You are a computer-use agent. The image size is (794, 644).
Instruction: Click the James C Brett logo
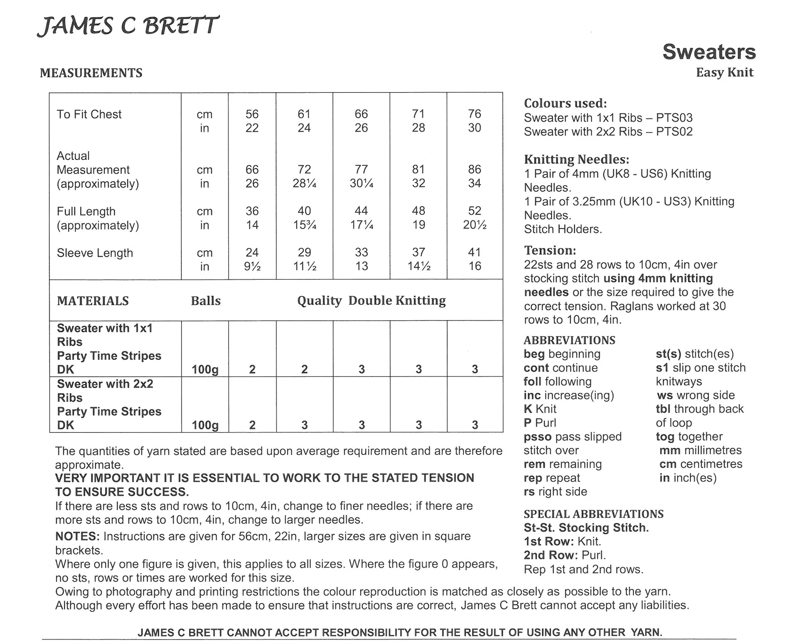pyautogui.click(x=128, y=26)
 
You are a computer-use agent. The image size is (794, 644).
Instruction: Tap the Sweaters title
pyautogui.click(x=709, y=52)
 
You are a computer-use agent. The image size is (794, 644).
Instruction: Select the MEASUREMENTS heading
pyautogui.click(x=91, y=73)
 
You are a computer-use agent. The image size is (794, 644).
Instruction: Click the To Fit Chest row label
pyautogui.click(x=89, y=114)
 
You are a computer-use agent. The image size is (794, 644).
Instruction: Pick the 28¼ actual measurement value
pyautogui.click(x=304, y=183)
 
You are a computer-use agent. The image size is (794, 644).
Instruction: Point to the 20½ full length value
pyautogui.click(x=474, y=225)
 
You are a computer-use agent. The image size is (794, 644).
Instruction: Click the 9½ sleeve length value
pyautogui.click(x=252, y=266)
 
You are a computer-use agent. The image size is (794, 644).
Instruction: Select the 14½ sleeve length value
pyautogui.click(x=418, y=266)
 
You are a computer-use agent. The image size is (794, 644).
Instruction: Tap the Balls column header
pyautogui.click(x=206, y=301)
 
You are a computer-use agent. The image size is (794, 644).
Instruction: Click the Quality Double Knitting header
pyautogui.click(x=371, y=301)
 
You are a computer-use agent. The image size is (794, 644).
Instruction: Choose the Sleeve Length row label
pyautogui.click(x=94, y=253)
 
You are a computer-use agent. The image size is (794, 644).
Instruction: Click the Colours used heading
pyautogui.click(x=565, y=103)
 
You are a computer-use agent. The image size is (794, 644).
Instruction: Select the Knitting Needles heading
pyautogui.click(x=576, y=160)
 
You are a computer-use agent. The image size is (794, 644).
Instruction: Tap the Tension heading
pyautogui.click(x=550, y=250)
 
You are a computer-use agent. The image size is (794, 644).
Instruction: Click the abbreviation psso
pyautogui.click(x=538, y=436)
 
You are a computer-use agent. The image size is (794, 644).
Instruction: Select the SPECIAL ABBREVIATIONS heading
pyautogui.click(x=594, y=514)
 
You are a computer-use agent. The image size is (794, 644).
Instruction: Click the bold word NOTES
pyautogui.click(x=77, y=536)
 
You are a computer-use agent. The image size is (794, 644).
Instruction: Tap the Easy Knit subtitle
pyautogui.click(x=725, y=73)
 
